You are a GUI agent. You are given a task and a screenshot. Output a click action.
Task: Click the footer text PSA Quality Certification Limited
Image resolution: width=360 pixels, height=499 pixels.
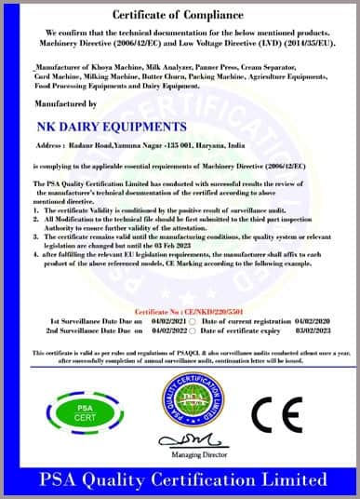[x=180, y=480]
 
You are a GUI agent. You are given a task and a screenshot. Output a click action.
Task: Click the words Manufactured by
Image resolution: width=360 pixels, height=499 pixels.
[x=64, y=103]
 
